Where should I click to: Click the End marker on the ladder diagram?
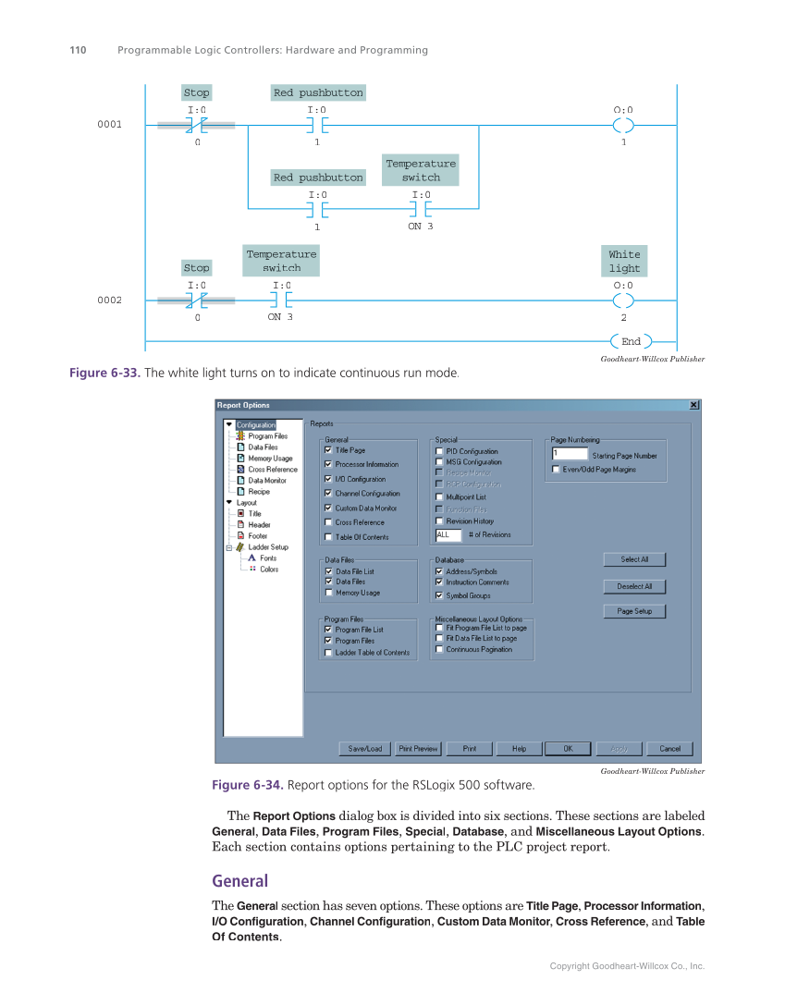[x=632, y=341]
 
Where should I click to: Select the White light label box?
[x=624, y=261]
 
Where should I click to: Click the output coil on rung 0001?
[x=624, y=125]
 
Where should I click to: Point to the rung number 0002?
[x=110, y=300]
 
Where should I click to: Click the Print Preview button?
[x=418, y=749]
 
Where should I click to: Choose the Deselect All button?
[x=634, y=586]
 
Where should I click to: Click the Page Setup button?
[x=634, y=611]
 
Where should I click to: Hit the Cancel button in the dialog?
[x=669, y=749]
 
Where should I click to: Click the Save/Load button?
[x=365, y=749]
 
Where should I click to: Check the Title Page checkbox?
[x=328, y=450]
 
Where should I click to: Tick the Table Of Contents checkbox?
[x=328, y=537]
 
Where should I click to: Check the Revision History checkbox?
[x=439, y=521]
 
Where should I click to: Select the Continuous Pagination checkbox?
[x=439, y=649]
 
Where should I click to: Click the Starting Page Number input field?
[x=569, y=454]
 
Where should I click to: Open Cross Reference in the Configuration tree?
[x=272, y=470]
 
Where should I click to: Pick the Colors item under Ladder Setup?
[x=268, y=570]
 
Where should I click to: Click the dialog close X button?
[x=693, y=405]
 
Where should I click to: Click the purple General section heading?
[x=239, y=881]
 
